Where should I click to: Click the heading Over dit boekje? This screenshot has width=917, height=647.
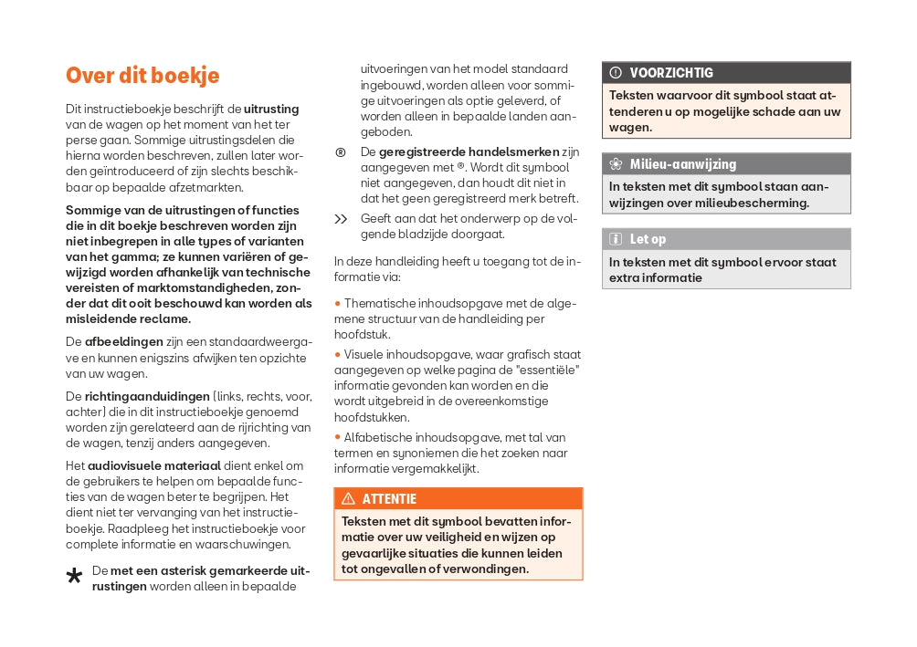(x=142, y=76)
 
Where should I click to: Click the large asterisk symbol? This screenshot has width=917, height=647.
(x=75, y=576)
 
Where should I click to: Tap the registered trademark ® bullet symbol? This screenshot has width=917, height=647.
(x=341, y=152)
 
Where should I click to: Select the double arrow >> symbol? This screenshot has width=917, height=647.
(x=341, y=219)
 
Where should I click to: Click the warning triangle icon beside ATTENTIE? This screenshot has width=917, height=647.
(x=348, y=499)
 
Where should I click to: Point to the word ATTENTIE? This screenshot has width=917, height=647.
(x=389, y=499)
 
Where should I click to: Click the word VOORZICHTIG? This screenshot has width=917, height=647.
(x=671, y=73)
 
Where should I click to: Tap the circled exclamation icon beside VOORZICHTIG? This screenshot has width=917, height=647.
(x=616, y=73)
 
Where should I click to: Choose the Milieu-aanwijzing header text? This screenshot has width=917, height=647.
(x=682, y=164)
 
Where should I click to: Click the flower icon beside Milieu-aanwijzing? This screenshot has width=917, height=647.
(x=616, y=164)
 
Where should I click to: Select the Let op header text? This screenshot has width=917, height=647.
(x=648, y=239)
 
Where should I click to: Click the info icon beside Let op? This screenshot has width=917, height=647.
(x=616, y=239)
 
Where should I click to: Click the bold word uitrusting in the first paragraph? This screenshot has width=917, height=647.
(x=271, y=110)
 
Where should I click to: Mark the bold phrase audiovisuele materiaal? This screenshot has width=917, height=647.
(x=154, y=465)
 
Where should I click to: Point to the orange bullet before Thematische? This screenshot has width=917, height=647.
(x=337, y=303)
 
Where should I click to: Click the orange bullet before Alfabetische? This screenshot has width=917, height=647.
(x=337, y=438)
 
